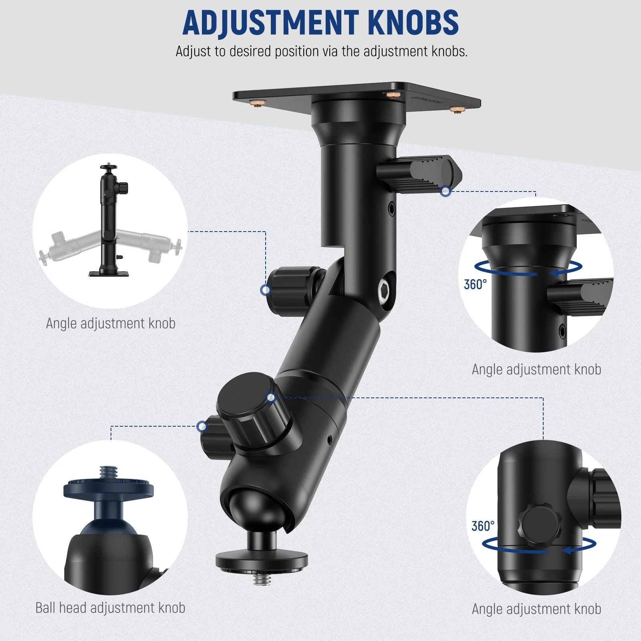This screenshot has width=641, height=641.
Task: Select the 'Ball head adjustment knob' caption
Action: (110, 608)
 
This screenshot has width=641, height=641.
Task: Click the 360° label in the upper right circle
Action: (475, 284)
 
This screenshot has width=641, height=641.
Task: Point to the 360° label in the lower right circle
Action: (483, 526)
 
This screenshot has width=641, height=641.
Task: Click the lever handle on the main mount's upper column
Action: (419, 174)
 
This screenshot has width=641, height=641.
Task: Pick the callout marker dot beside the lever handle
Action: (445, 191)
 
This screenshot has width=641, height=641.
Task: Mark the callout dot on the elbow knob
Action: (266, 290)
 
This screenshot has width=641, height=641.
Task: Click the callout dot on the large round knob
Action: (271, 397)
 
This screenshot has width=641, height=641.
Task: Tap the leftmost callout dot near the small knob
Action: (202, 426)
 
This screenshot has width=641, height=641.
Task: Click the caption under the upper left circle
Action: (111, 323)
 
